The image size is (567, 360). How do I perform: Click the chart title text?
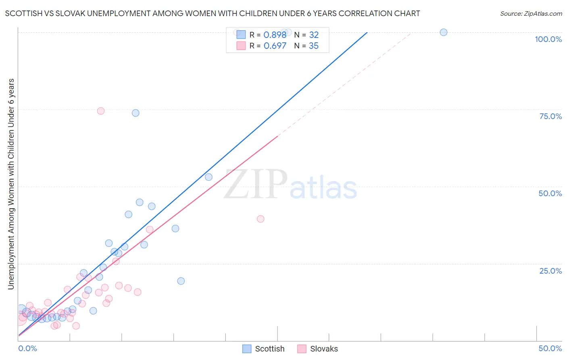point(213,13)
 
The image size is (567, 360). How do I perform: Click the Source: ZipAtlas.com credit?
point(531,13)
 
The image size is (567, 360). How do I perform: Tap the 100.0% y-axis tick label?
point(548,39)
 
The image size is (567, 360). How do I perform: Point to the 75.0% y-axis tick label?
point(550,116)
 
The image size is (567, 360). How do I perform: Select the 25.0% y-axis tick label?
point(550,271)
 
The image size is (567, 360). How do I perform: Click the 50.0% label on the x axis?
point(550,348)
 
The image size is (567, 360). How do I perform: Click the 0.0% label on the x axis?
point(28,348)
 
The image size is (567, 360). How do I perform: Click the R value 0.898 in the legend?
point(275,35)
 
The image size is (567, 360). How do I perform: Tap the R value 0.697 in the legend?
point(275,46)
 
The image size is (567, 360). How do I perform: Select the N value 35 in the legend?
point(313,46)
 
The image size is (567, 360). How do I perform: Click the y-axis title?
point(11,184)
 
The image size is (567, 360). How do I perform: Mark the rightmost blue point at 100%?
point(444,32)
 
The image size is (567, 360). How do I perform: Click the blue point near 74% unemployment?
point(135,113)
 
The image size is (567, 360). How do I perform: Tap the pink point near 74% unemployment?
point(101,111)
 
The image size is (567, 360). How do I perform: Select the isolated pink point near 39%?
point(261,219)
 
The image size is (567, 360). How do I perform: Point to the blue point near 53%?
point(208,177)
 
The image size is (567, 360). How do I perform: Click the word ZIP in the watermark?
point(256,184)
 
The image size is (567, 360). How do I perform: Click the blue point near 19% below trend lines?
point(181,281)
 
